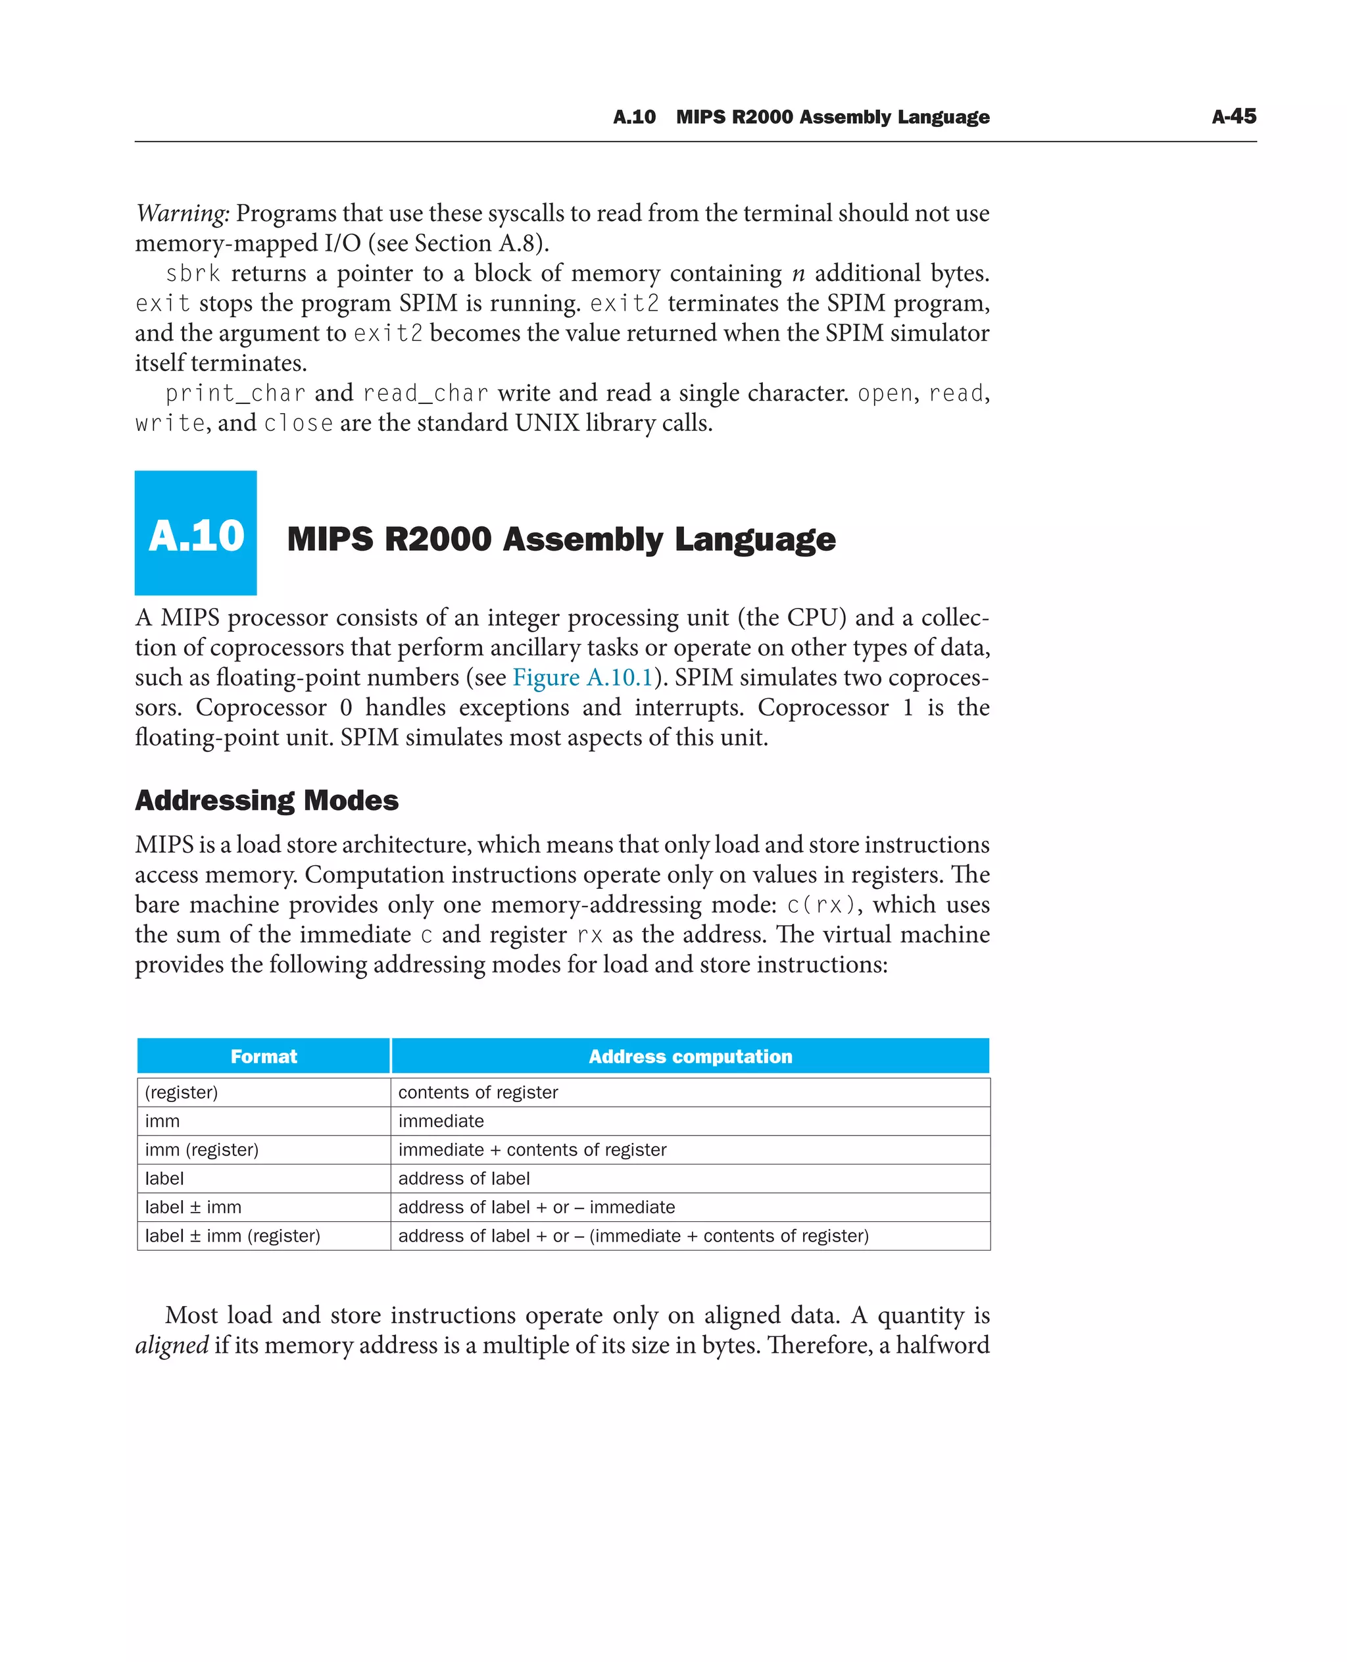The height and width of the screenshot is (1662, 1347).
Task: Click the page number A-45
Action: coord(1233,116)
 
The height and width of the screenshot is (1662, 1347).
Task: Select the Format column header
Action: coord(263,1056)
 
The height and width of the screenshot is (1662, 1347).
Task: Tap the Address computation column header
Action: coord(690,1056)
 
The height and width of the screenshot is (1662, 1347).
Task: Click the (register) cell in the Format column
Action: coord(182,1092)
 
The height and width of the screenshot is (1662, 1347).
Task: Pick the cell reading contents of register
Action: coord(478,1092)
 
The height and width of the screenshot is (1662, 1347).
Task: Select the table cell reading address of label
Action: coord(464,1178)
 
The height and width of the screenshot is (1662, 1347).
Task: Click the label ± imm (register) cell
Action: coord(233,1236)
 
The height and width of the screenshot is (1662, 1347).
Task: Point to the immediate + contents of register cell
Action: coord(532,1149)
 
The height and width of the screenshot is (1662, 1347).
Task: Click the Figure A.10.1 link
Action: coord(583,678)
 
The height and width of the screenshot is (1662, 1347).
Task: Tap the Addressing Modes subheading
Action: coord(266,800)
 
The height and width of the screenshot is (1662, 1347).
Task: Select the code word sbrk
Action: coord(193,274)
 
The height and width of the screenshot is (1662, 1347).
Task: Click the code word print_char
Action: coord(235,393)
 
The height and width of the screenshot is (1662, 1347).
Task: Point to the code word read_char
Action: coord(425,393)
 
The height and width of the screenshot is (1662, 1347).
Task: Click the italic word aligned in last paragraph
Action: coord(172,1344)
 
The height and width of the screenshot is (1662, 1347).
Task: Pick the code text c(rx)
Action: coord(821,905)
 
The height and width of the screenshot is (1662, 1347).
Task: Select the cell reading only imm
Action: coord(162,1121)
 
